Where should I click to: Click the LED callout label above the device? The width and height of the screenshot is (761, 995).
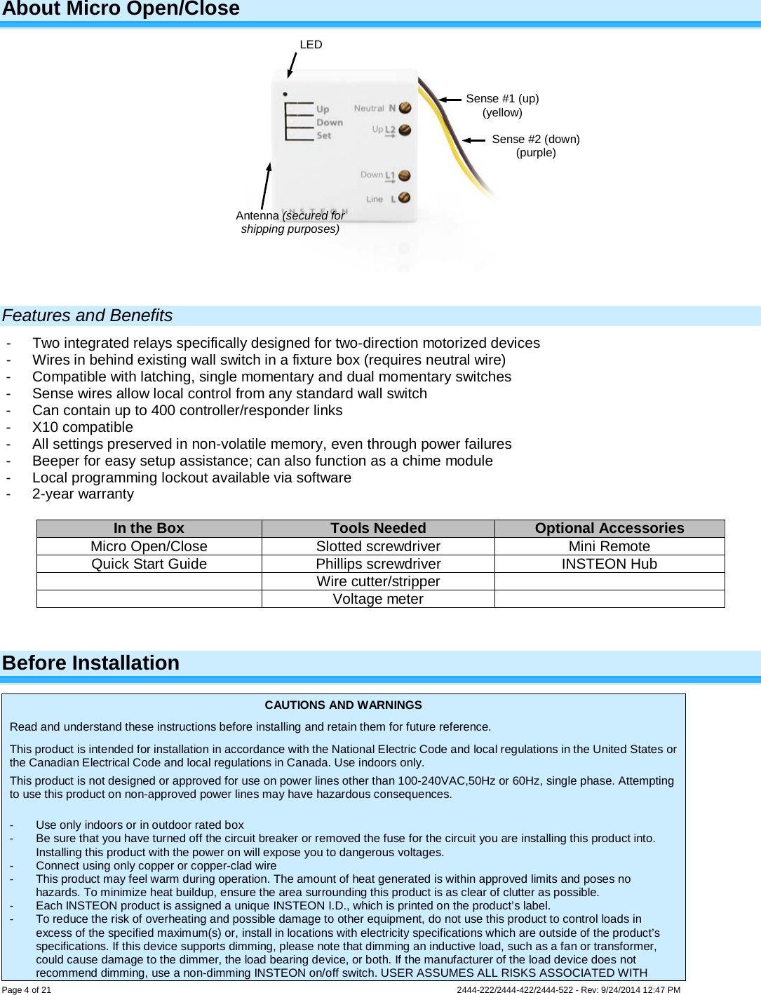click(311, 45)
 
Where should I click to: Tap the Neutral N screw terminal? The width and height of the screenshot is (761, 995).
click(405, 108)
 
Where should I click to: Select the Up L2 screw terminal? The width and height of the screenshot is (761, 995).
click(405, 130)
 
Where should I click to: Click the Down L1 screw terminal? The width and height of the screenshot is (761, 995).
click(404, 175)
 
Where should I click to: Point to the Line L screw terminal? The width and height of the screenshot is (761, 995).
click(404, 198)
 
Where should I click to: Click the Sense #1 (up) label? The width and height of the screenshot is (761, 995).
click(502, 99)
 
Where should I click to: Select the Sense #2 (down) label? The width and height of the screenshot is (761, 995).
click(536, 140)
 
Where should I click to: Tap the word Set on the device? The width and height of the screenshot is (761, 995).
click(323, 135)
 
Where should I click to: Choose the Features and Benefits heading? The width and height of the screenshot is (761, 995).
click(88, 316)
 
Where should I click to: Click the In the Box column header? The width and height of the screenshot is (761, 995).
click(149, 529)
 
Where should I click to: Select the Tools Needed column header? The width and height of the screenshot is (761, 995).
click(378, 529)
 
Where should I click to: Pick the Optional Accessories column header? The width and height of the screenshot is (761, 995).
click(609, 529)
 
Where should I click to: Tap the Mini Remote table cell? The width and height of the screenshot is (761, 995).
click(609, 546)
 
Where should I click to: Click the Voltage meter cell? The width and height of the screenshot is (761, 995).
click(378, 600)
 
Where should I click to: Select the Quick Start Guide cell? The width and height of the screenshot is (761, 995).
click(149, 564)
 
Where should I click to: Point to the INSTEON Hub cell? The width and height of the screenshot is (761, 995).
click(609, 564)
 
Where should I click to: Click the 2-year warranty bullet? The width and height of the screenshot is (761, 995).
click(83, 494)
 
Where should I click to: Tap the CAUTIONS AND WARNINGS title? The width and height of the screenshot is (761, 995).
click(343, 705)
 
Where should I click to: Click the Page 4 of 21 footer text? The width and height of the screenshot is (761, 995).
click(27, 990)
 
